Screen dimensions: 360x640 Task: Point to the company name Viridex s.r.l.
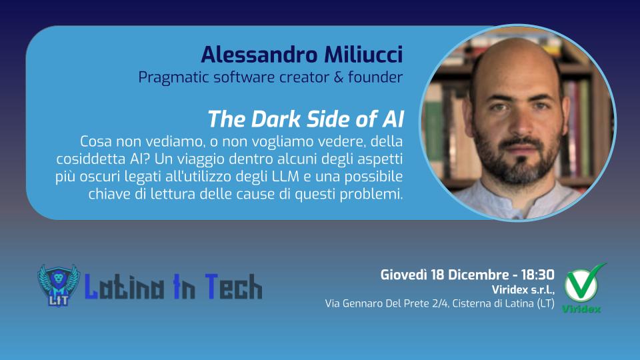[x=521, y=289]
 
